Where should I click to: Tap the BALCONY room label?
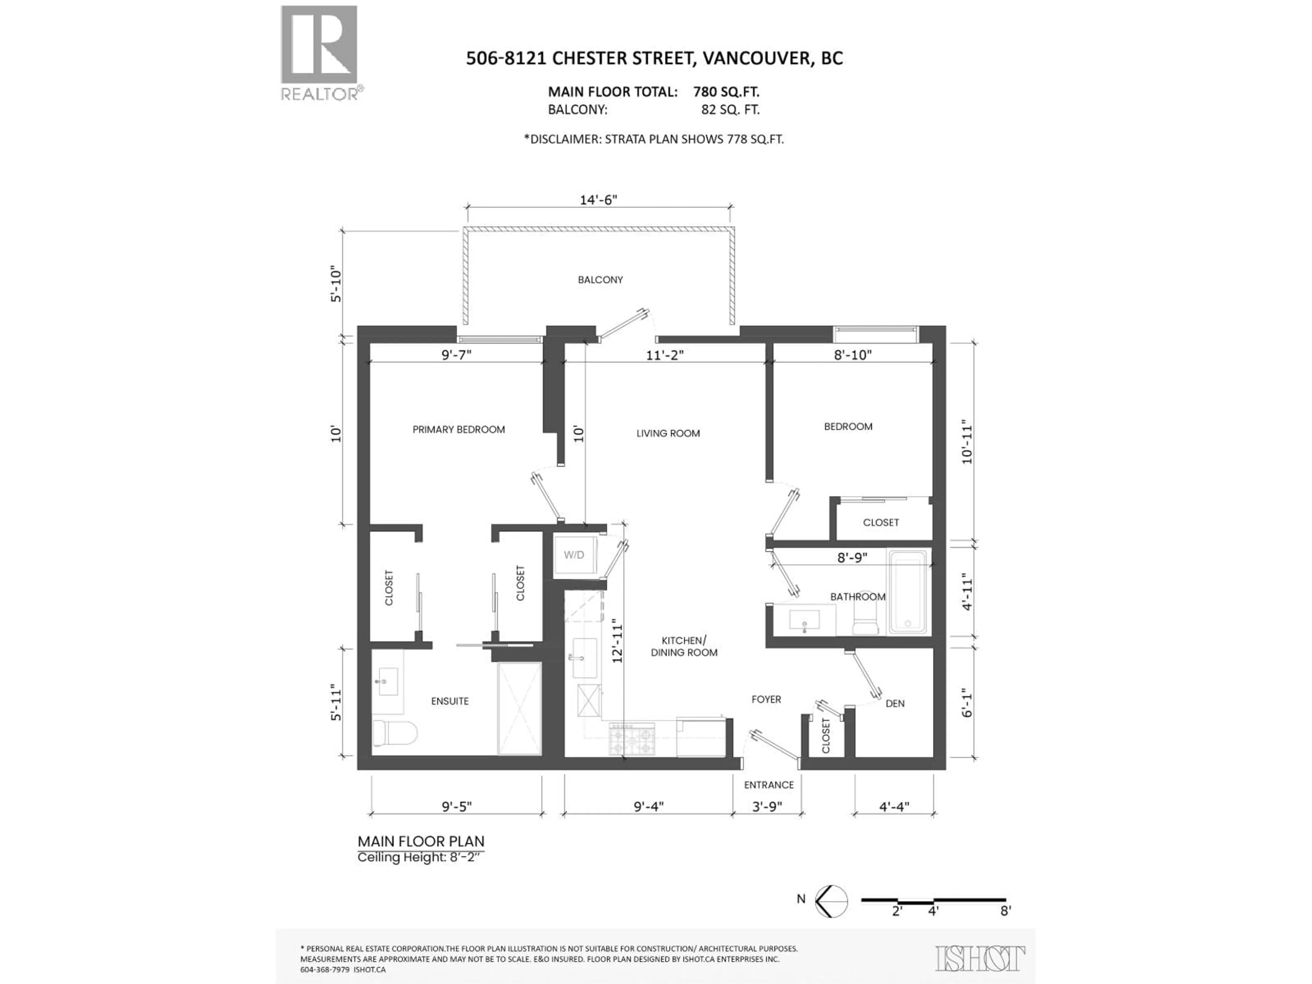(600, 279)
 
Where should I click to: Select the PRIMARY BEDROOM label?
(459, 429)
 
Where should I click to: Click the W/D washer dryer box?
(574, 555)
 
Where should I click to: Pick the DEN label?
(894, 703)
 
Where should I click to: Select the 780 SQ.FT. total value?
(726, 92)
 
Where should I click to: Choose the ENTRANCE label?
(769, 785)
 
